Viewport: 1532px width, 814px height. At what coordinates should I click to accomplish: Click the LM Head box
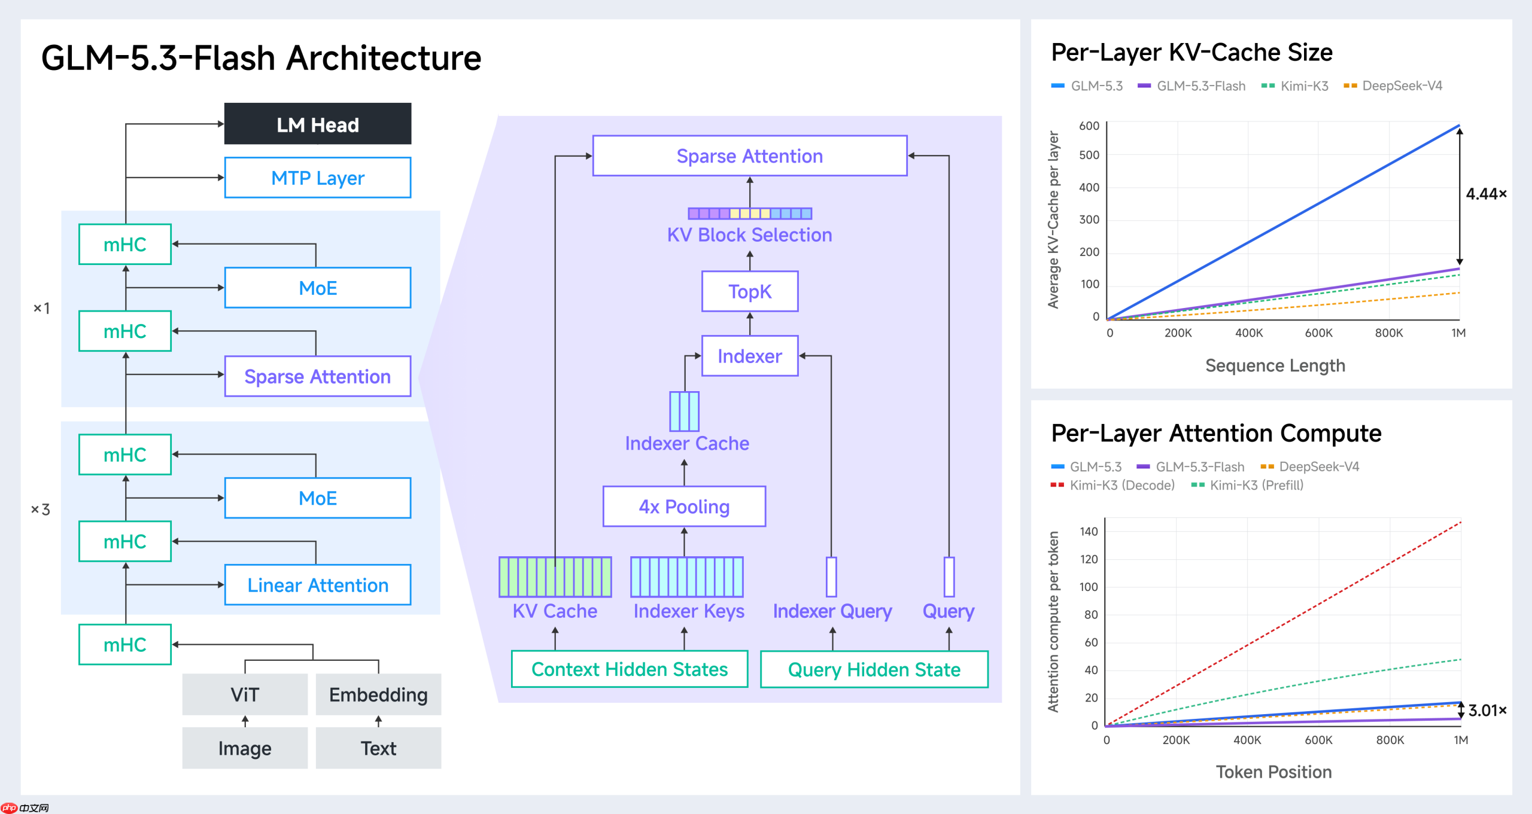click(318, 124)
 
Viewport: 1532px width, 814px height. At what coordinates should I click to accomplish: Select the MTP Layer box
click(318, 178)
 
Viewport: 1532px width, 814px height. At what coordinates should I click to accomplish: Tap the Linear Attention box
click(318, 585)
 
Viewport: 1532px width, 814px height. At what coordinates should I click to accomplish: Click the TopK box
click(750, 291)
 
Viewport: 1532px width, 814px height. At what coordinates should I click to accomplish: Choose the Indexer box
click(750, 356)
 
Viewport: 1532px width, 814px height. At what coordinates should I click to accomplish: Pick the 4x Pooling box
click(684, 507)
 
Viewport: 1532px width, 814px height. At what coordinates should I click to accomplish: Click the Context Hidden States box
click(630, 669)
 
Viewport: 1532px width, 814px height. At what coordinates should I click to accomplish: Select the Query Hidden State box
click(874, 669)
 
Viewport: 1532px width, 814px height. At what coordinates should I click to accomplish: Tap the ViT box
click(245, 694)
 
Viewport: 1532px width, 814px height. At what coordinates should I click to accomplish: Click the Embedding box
click(378, 694)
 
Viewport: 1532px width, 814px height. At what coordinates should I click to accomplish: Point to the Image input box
click(245, 748)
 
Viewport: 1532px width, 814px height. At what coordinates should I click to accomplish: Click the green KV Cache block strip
click(555, 577)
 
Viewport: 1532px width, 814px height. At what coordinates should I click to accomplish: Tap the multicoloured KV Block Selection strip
click(750, 214)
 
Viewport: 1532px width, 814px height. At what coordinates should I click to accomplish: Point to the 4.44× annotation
click(1486, 194)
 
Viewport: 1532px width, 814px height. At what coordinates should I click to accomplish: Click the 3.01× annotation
click(1487, 711)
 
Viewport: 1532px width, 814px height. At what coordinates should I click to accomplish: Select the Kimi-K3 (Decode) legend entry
click(1112, 485)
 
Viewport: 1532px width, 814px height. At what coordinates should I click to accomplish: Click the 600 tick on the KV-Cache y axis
click(1089, 126)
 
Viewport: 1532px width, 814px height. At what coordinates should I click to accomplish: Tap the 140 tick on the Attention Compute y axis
click(1089, 531)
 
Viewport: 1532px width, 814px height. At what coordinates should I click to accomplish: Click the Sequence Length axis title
click(1275, 365)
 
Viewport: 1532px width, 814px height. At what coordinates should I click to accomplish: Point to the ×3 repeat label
click(41, 510)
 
